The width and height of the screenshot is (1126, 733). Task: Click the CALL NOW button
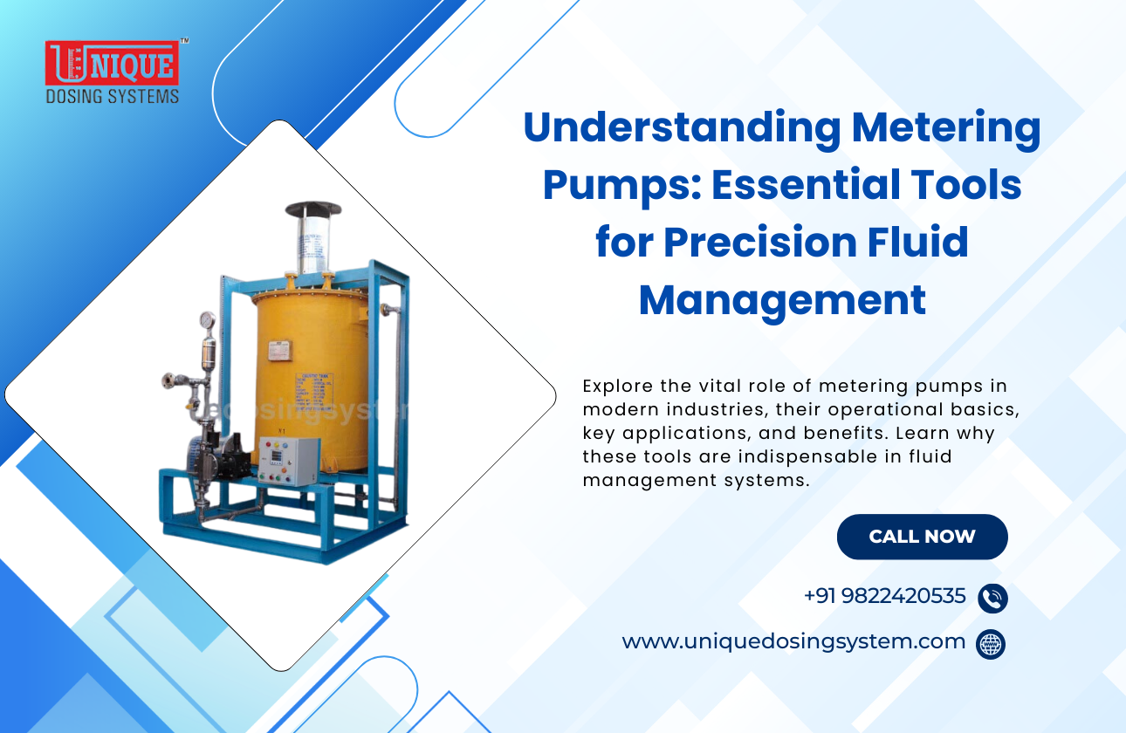point(922,537)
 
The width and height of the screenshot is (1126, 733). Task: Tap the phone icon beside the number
point(992,598)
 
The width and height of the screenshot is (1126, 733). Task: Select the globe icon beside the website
point(991,644)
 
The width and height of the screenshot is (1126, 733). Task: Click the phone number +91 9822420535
point(884,596)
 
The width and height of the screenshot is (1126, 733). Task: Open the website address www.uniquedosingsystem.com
point(793,641)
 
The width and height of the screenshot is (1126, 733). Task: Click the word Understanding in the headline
point(680,129)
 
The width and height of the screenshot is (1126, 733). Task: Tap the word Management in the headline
point(782,299)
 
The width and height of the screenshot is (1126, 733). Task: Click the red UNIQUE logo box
point(112,64)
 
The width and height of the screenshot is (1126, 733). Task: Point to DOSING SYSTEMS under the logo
point(112,96)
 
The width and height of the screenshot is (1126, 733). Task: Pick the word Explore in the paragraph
point(614,386)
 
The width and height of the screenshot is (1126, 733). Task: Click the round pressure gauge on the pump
point(207,320)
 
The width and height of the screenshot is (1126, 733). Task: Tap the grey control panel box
point(289,460)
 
